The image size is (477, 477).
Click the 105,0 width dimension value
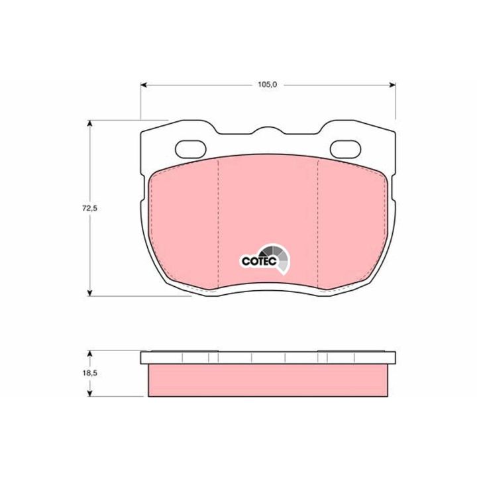(x=268, y=85)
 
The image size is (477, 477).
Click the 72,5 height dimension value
(x=89, y=209)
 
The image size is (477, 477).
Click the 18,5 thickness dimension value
(x=89, y=373)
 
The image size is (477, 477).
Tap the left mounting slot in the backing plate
(x=191, y=149)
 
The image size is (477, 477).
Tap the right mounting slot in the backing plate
(x=346, y=149)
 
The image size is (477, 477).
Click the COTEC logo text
(x=259, y=261)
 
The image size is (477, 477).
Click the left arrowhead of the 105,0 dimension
(x=144, y=85)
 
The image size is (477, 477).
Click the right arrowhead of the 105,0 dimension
(x=392, y=85)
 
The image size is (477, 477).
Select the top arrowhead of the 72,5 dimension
(x=89, y=123)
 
